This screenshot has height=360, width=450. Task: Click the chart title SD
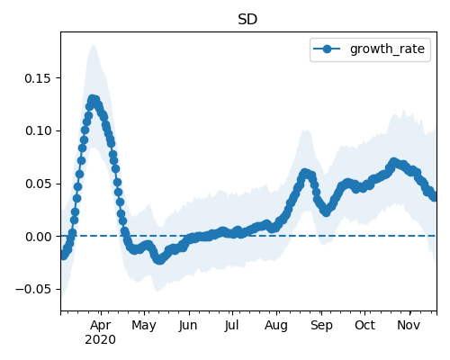pos(247,20)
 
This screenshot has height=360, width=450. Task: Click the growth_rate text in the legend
pos(387,49)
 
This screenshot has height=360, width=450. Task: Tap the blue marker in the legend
pos(327,49)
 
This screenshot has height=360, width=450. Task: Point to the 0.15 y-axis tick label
pos(38,78)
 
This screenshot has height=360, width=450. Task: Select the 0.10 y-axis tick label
pos(38,130)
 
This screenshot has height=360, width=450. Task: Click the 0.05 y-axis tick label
pos(38,184)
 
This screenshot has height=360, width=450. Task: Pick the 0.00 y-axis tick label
pos(38,237)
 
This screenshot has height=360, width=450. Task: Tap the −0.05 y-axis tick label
pos(33,289)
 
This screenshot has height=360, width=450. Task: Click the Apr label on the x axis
pos(101,326)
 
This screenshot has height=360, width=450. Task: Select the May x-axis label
pos(144,326)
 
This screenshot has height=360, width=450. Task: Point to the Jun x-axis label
pos(188,326)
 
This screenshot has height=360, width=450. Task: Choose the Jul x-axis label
pos(232,326)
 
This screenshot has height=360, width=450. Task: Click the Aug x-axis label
pos(276,326)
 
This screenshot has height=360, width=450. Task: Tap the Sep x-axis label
pos(321,326)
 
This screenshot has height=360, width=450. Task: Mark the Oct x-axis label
pos(365,325)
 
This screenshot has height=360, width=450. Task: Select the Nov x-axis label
pos(409,325)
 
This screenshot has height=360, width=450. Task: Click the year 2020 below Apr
pos(101,340)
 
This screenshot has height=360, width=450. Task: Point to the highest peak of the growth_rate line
pos(93,99)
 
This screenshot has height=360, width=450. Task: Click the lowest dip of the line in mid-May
pos(159,260)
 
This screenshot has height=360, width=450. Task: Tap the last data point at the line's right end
pos(434,197)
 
